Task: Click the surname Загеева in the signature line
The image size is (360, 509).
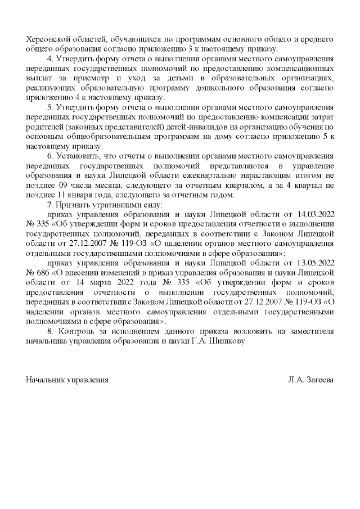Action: pos(318,380)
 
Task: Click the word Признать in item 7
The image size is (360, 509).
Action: pos(73,205)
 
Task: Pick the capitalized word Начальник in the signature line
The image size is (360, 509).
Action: pos(44,380)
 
